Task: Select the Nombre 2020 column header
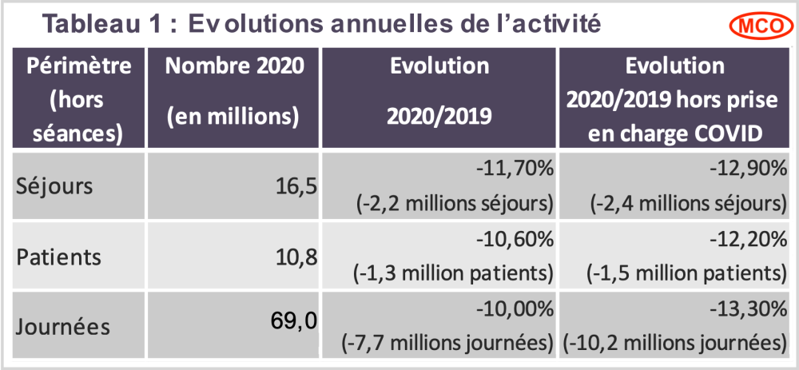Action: coord(235,66)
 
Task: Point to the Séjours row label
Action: coord(55,186)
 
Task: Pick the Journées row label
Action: coord(65,327)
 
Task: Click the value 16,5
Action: coord(295,186)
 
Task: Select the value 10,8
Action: coord(295,257)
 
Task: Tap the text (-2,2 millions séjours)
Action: coord(453,203)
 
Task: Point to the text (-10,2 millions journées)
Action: coord(675,344)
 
